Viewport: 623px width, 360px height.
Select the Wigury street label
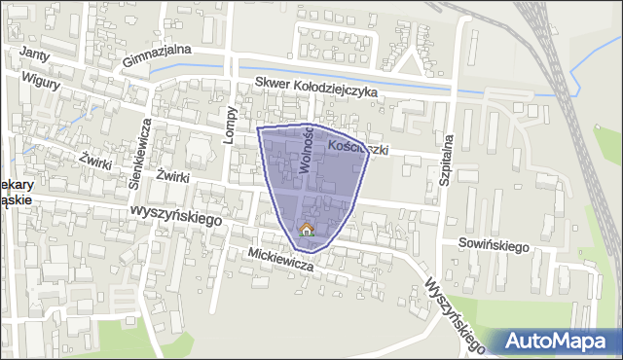point(41,84)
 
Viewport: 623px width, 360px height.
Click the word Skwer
point(272,85)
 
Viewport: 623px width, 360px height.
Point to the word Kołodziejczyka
point(337,89)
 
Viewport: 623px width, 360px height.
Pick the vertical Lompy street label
point(230,125)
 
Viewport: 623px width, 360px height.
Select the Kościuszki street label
point(359,149)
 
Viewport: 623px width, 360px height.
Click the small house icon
point(306,230)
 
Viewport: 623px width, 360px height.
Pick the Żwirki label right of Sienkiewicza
point(171,178)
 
